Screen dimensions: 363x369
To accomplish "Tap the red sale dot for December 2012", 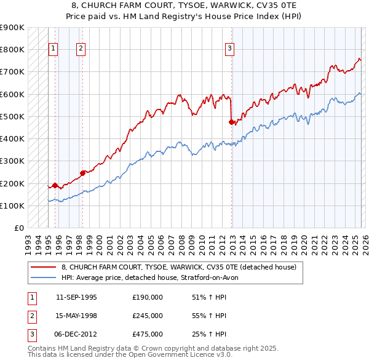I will point(231,122).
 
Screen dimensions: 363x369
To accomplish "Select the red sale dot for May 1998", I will point(82,173).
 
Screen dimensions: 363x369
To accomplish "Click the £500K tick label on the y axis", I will point(12,116).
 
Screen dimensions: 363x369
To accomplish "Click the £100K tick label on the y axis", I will point(12,205).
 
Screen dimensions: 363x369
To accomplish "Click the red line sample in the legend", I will point(43,267).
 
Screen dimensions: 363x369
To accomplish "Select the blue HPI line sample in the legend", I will point(43,277).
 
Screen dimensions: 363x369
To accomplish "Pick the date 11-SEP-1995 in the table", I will point(76,297).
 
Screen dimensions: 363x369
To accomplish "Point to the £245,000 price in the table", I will point(147,316).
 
